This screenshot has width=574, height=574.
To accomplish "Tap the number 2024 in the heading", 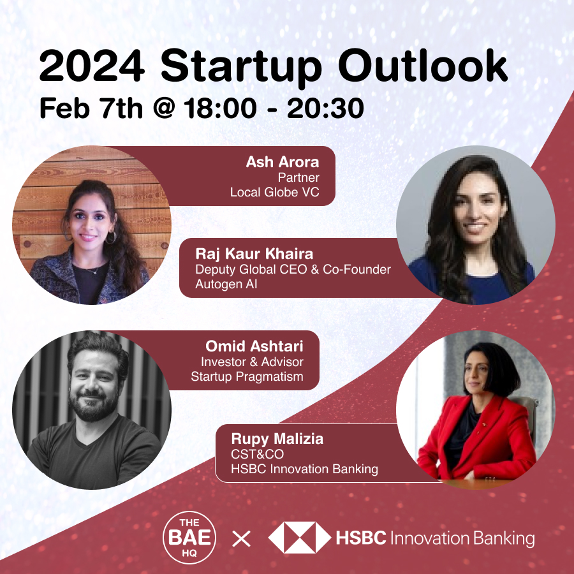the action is coord(92,66).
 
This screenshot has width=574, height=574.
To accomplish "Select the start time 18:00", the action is coord(220,108).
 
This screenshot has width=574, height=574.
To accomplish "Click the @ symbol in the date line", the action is coord(164,108).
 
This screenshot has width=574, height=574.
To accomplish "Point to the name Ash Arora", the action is coord(283,162).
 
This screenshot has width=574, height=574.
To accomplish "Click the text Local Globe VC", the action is coord(274,192).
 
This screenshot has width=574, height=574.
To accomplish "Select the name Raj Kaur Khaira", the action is coord(254,254).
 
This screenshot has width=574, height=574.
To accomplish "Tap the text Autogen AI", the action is coord(226,284).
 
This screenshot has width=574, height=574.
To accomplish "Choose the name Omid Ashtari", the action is coord(254,346).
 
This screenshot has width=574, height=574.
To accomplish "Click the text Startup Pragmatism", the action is coord(247,376).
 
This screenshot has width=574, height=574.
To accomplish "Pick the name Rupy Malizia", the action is coord(277,439).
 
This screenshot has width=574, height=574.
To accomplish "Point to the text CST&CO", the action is coord(257,454).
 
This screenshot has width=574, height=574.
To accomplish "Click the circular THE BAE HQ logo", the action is coord(189,538).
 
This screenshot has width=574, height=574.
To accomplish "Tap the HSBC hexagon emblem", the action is coord(300,538).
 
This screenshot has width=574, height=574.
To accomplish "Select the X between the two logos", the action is coord(242,538).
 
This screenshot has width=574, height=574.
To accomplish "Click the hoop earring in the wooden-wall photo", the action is coord(110,237).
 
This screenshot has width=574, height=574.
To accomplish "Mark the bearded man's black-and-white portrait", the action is coord(92,410).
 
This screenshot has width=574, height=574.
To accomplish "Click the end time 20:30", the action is coord(325,108).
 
